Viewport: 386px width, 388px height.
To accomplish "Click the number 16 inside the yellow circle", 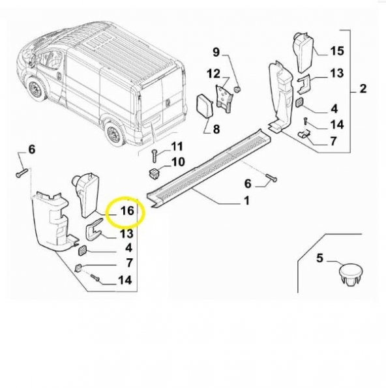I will tap(126, 210).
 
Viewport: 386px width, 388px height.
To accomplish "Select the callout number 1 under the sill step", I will tap(246, 201).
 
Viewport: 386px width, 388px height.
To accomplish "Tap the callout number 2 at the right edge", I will tap(363, 89).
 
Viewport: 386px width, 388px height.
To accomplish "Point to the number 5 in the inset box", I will tap(319, 258).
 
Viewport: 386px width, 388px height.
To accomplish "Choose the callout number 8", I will tap(216, 129).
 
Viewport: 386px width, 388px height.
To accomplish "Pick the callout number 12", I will tap(215, 72).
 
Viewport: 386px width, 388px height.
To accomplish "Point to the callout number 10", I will tap(177, 161).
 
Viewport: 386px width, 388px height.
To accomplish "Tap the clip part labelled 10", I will tap(155, 172).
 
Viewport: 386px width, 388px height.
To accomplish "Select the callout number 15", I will tap(336, 50).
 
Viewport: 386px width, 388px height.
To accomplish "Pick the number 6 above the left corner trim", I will tap(31, 149).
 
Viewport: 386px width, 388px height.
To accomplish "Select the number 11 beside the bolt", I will tap(177, 145).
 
